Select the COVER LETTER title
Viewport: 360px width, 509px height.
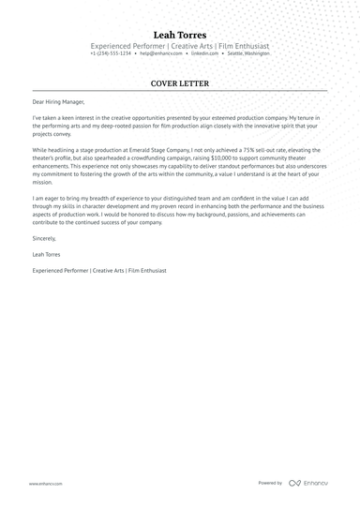click(180, 82)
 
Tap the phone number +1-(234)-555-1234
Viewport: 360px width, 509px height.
click(111, 53)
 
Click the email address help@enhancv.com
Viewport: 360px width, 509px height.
click(158, 53)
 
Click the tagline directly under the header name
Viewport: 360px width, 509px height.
click(180, 46)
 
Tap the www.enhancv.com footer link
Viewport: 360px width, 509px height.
click(45, 483)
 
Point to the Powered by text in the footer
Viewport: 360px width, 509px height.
click(270, 483)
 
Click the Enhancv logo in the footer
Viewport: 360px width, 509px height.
click(309, 483)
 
